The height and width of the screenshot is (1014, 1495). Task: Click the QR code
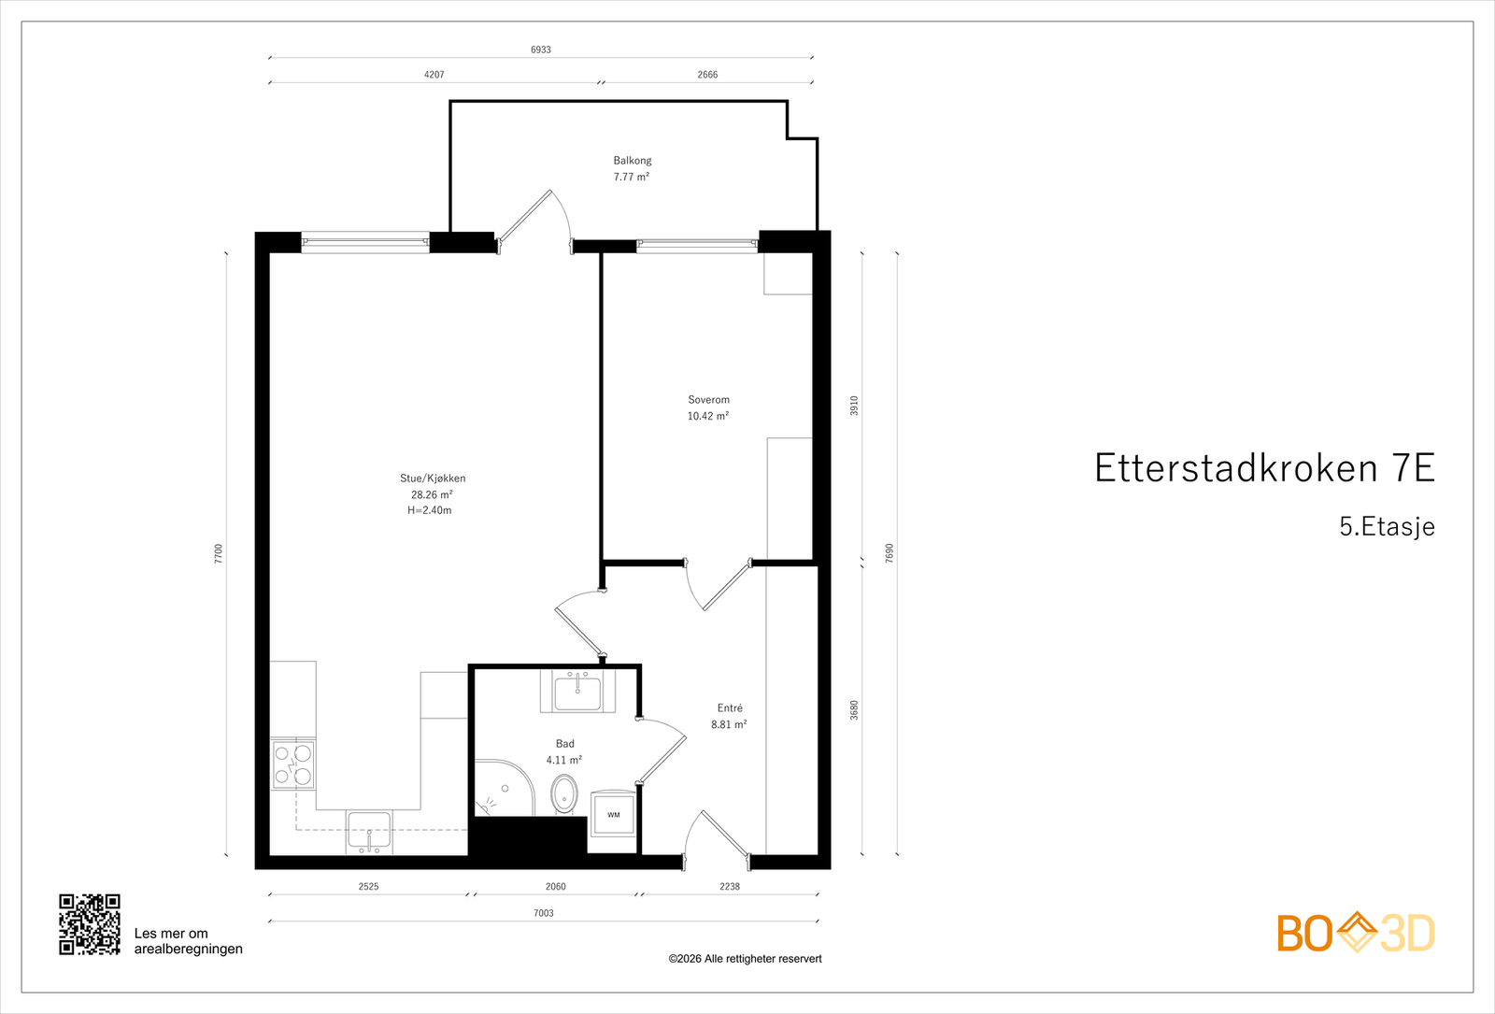(x=90, y=924)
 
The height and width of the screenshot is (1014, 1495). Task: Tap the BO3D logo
(x=1356, y=933)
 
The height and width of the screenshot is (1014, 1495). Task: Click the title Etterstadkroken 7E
(x=1263, y=468)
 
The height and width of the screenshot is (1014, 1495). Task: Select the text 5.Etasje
(x=1387, y=526)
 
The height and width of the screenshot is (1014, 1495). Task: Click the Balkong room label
(x=633, y=161)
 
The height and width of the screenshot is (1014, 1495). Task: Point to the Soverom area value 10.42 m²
(x=708, y=416)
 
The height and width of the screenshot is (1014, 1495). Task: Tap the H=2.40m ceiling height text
(x=430, y=510)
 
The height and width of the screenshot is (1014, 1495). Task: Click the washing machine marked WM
(x=613, y=815)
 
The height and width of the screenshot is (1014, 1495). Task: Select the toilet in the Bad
(x=564, y=795)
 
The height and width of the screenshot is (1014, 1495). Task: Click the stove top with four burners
(x=293, y=764)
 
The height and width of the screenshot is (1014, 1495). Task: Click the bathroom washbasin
(x=577, y=693)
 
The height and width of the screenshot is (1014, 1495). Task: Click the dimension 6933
(x=541, y=50)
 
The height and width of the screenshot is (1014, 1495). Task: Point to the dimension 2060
(x=556, y=886)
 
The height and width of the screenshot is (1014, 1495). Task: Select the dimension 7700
(x=219, y=553)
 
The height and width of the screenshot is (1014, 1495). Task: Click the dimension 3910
(x=854, y=406)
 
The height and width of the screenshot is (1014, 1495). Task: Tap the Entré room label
(x=730, y=708)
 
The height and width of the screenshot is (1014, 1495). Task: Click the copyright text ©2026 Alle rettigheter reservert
(x=745, y=959)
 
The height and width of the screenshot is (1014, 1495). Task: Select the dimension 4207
(x=434, y=75)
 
